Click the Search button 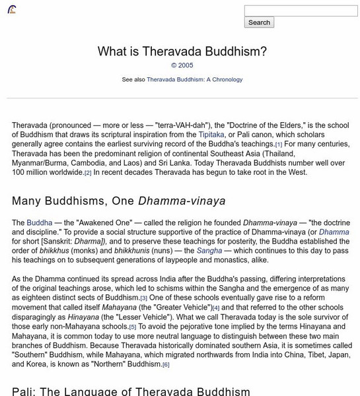pos(259,22)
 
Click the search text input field pos(301,11)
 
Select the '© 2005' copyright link pos(182,66)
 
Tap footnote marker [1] pos(279,145)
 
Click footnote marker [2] pos(88,173)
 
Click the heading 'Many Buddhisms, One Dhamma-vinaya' pos(119,201)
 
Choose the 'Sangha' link pos(209,251)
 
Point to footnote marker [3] pos(143,298)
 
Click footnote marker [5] pos(133,327)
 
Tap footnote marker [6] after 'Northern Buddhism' pos(166,364)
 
